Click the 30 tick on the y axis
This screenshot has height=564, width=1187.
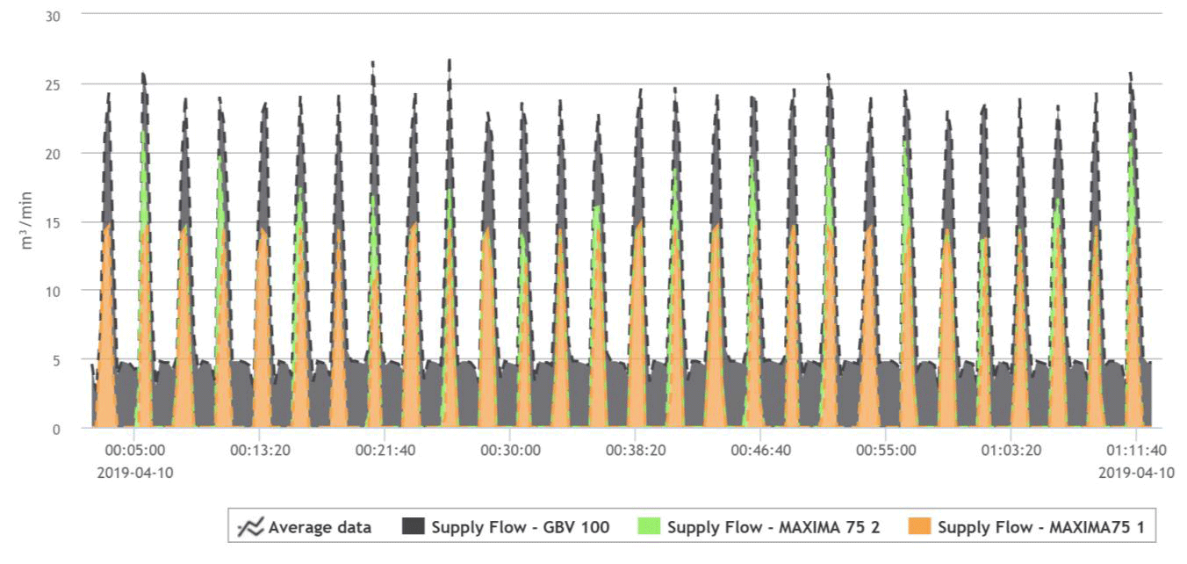pos(52,16)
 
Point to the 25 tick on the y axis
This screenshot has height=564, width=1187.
pos(52,84)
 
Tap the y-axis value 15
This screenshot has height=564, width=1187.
pos(52,222)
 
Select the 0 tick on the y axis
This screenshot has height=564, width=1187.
pos(55,429)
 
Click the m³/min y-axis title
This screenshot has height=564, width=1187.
pos(27,221)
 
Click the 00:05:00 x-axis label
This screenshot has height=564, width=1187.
pos(134,451)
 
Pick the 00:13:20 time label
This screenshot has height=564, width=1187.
pos(260,451)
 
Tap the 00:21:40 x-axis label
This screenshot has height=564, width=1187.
pos(385,451)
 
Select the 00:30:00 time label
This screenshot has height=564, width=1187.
pos(510,451)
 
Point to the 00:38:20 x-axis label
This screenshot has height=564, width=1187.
pos(636,451)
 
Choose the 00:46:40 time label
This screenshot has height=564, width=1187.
pos(761,451)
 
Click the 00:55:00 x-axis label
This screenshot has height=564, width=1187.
pos(886,451)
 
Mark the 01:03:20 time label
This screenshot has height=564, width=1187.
pos(1011,451)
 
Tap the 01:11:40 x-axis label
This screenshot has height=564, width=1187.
pos(1136,451)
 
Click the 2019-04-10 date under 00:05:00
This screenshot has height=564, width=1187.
pos(134,473)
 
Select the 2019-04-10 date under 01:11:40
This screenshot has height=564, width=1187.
pos(1136,473)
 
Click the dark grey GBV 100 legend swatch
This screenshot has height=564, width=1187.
pos(413,527)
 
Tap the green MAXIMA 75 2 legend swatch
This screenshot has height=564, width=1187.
pos(649,527)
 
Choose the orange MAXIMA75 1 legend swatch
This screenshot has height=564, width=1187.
pos(919,527)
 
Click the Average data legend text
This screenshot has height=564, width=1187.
pos(320,527)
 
